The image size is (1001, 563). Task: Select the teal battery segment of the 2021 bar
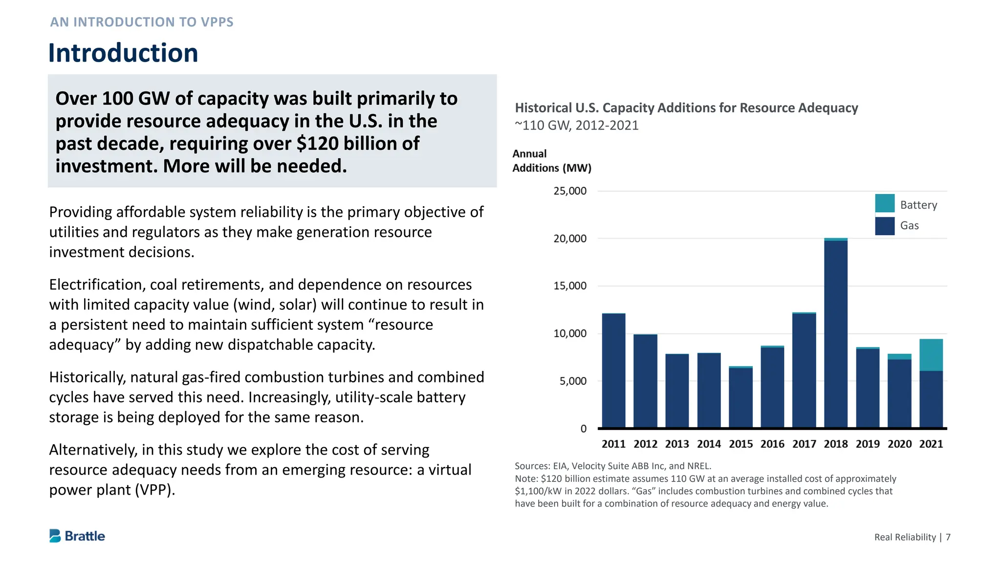pyautogui.click(x=931, y=355)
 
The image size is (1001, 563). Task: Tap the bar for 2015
pyautogui.click(x=740, y=397)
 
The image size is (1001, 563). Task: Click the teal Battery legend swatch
pyautogui.click(x=885, y=203)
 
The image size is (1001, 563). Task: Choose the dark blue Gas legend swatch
pyautogui.click(x=885, y=226)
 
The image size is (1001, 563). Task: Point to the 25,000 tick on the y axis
pyautogui.click(x=570, y=191)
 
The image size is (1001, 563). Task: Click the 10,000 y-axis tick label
pyautogui.click(x=570, y=334)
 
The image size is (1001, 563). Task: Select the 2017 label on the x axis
pyautogui.click(x=804, y=444)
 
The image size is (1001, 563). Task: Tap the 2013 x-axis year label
pyautogui.click(x=677, y=444)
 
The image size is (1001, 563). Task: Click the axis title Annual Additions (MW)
pyautogui.click(x=551, y=161)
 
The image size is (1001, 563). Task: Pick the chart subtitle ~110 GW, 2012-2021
pyautogui.click(x=577, y=126)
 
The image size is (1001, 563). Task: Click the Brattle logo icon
pyautogui.click(x=55, y=536)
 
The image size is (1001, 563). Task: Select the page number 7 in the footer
pyautogui.click(x=948, y=537)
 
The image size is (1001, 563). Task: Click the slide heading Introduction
pyautogui.click(x=123, y=53)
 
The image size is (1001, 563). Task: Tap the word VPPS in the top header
pyautogui.click(x=217, y=22)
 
